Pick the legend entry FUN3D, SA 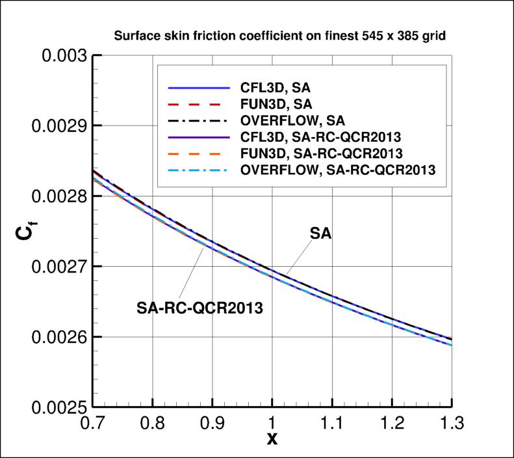click(x=276, y=103)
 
